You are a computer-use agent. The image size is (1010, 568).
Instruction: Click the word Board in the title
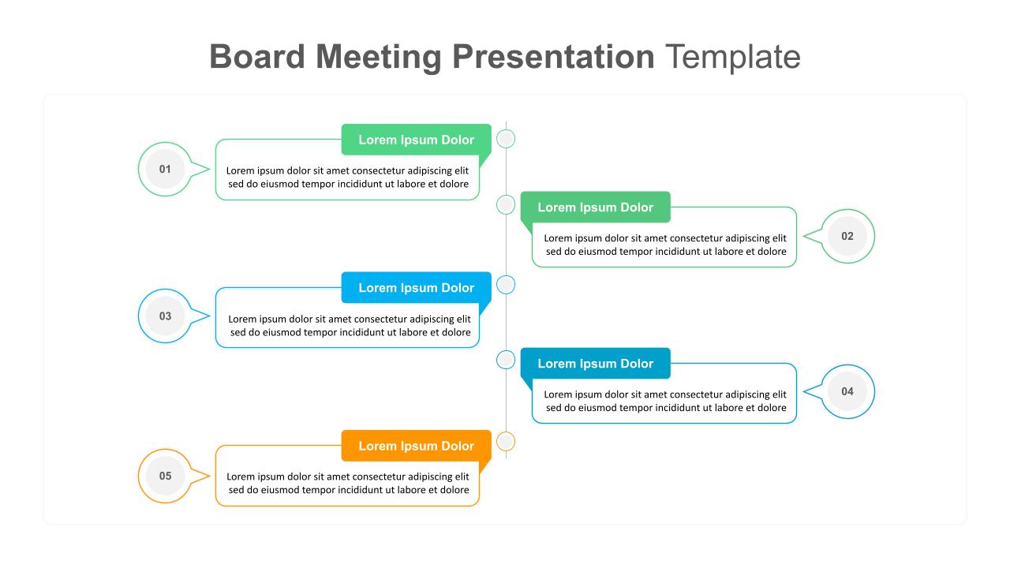257,57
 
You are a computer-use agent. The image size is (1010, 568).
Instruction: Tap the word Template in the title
733,58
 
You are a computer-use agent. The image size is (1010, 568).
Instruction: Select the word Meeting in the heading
378,58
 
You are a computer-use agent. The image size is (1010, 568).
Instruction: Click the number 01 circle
165,169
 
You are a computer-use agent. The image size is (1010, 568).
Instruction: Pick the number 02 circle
847,236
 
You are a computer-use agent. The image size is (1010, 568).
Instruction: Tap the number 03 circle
165,316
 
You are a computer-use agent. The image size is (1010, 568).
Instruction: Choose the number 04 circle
847,391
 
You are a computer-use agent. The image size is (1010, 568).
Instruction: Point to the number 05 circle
165,476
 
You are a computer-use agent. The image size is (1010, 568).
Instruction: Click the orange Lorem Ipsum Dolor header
416,446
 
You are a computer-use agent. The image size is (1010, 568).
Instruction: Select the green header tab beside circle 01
416,140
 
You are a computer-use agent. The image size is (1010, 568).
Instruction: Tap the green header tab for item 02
595,207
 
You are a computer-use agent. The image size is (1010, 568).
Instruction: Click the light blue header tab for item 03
416,288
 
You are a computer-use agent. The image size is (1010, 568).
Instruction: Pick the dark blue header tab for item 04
595,364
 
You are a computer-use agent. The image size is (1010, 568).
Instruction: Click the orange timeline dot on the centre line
506,442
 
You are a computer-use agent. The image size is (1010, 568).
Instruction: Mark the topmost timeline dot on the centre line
506,139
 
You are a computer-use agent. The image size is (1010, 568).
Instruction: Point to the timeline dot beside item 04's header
506,360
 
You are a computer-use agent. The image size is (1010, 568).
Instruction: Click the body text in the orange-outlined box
348,484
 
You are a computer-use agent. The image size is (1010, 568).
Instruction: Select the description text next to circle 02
665,245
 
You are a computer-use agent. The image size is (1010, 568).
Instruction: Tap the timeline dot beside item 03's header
506,285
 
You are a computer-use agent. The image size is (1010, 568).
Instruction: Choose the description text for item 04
665,402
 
